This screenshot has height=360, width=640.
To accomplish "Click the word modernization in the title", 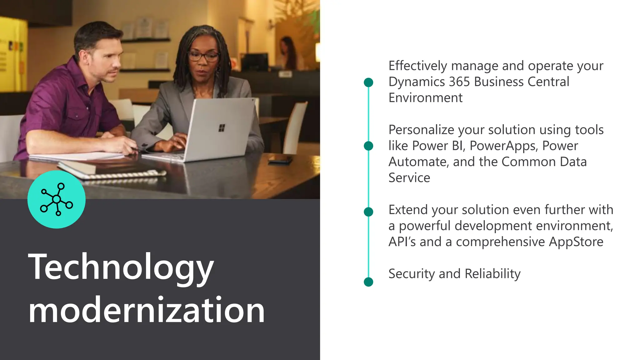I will pyautogui.click(x=146, y=310).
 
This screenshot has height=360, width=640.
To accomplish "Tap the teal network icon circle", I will pyautogui.click(x=57, y=199).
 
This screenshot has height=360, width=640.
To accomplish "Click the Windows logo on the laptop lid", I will pyautogui.click(x=222, y=128).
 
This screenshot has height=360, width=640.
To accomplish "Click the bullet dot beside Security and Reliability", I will pyautogui.click(x=369, y=282).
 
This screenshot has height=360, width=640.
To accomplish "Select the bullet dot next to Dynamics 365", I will pyautogui.click(x=369, y=82).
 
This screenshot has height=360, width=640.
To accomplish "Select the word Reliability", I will pyautogui.click(x=492, y=274).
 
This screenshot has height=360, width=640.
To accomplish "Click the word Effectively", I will pyautogui.click(x=418, y=66).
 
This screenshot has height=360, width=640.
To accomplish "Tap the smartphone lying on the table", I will pyautogui.click(x=280, y=160).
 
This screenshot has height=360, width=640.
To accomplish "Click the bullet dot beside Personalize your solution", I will pyautogui.click(x=369, y=146).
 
